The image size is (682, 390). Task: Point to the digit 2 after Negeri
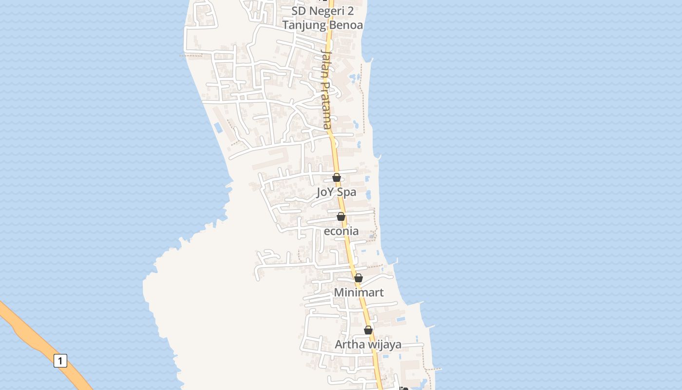[x=350, y=11]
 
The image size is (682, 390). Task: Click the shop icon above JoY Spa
[x=337, y=177]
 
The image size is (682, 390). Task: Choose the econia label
[x=341, y=231]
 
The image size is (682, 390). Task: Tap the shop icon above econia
[x=341, y=216]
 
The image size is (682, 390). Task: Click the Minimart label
[x=359, y=292]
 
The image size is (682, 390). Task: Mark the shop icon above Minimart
[x=359, y=278]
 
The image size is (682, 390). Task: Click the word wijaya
[x=382, y=345]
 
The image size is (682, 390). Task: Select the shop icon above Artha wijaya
[x=368, y=330]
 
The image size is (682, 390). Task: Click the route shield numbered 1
[x=60, y=361]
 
